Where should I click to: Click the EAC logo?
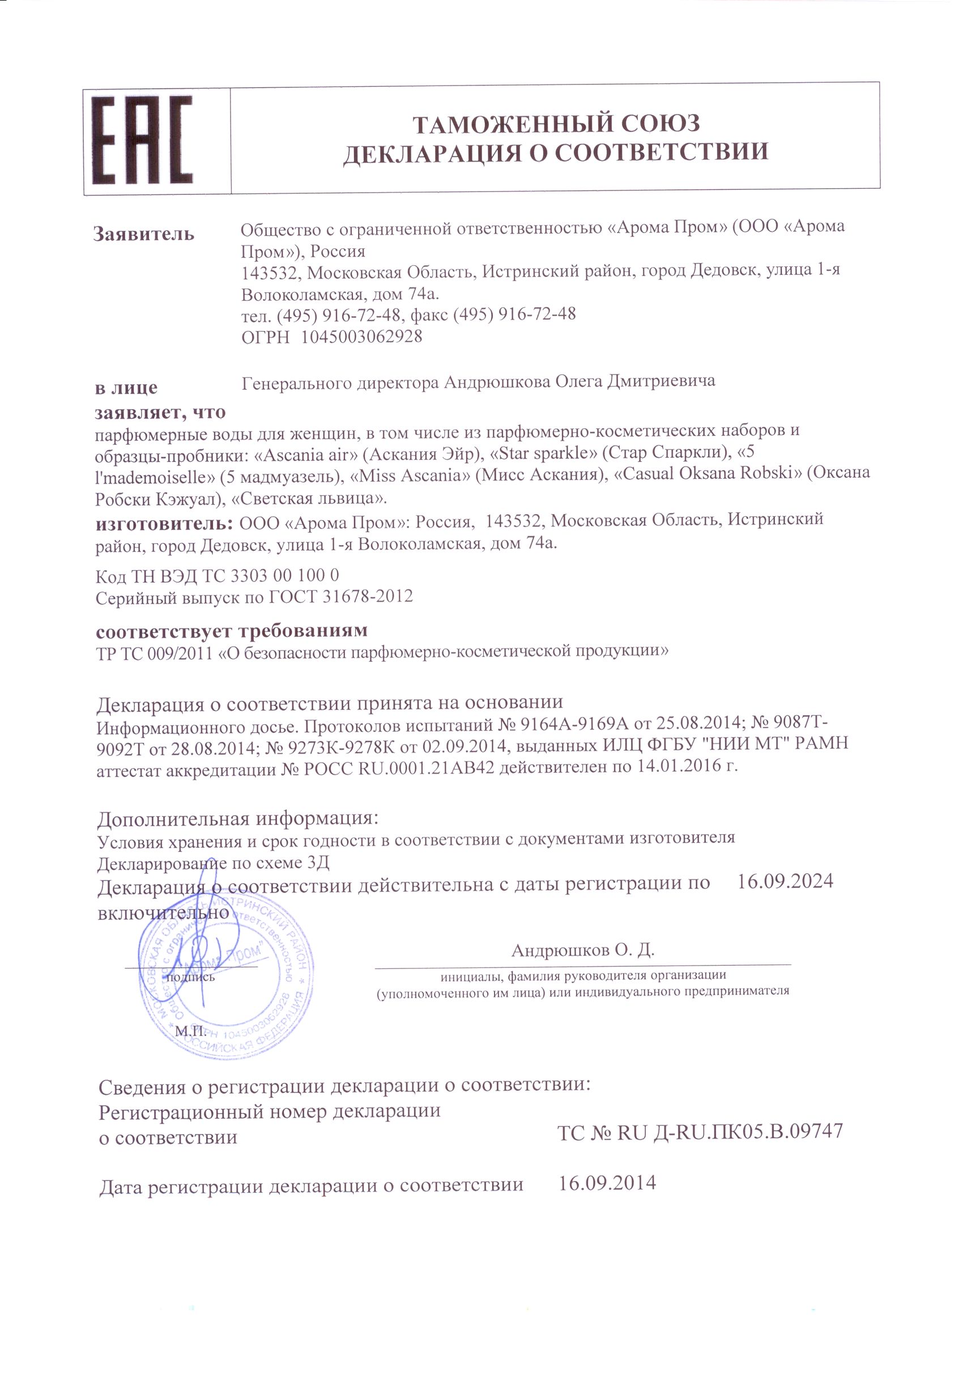tap(142, 140)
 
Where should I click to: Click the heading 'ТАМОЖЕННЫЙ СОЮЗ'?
tap(556, 124)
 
